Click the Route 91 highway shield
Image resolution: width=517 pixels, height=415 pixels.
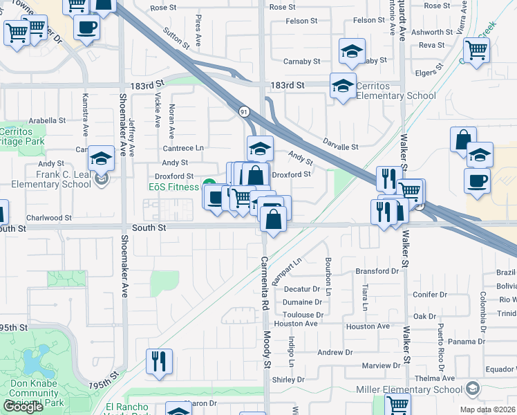click(244, 111)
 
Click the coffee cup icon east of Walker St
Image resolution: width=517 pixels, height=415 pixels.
click(478, 181)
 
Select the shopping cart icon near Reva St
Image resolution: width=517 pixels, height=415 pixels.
click(476, 50)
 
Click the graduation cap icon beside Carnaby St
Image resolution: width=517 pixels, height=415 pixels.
click(352, 51)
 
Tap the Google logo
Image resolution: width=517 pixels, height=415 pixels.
click(23, 407)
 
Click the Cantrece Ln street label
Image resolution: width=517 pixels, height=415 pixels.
click(183, 148)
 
